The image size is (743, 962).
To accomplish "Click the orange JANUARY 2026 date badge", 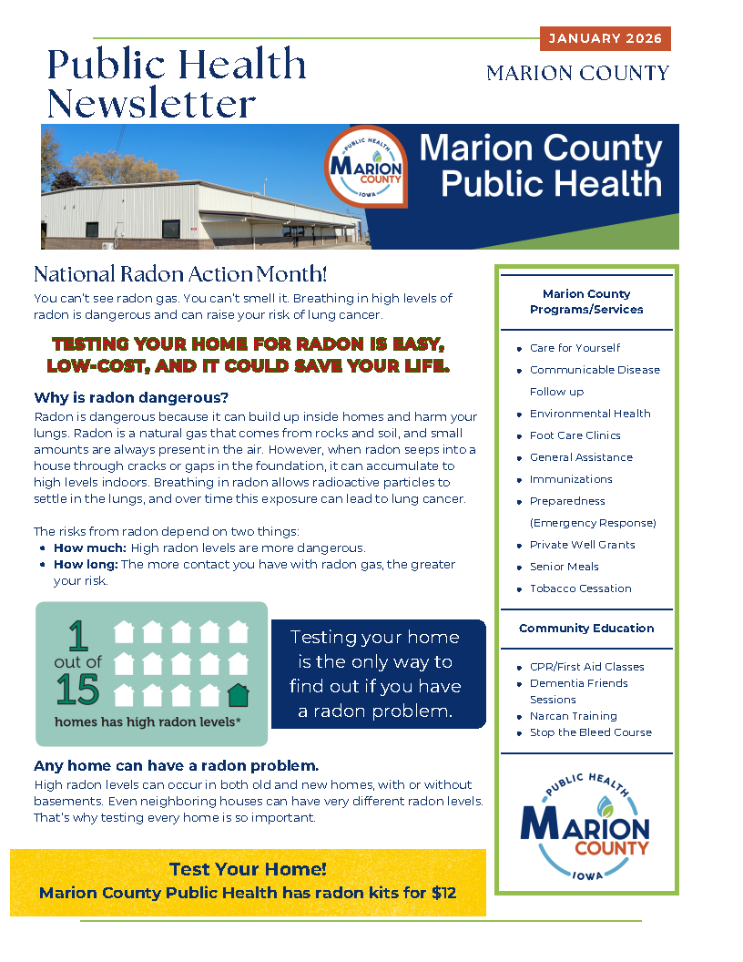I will [605, 38].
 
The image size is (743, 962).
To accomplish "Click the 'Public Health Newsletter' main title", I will [177, 83].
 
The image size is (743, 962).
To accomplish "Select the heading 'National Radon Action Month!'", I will [179, 273].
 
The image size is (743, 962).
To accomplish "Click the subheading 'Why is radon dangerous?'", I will [131, 397].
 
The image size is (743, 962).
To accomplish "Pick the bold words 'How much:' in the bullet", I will [89, 548].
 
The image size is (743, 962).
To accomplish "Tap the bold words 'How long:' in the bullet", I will [86, 564].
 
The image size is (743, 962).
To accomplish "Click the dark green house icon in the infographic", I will [238, 695].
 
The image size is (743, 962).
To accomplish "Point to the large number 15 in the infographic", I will [77, 691].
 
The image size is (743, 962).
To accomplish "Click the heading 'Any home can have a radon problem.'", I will [176, 765].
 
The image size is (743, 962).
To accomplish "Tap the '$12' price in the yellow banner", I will [443, 893].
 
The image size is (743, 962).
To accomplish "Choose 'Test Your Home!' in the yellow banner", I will [248, 869].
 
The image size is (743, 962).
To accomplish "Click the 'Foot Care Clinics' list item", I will [575, 435].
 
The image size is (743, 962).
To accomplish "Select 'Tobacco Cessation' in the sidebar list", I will [580, 588].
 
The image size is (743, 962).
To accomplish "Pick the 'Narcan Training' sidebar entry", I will [573, 716].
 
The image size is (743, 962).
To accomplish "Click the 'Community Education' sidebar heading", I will [586, 628].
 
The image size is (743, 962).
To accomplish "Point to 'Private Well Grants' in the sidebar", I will [582, 545].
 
